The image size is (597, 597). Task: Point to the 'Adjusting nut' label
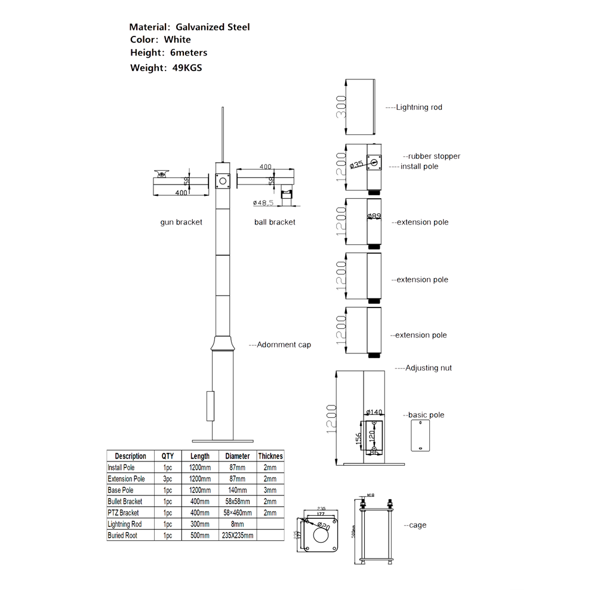coord(428,368)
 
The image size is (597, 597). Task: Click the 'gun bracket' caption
coord(181,222)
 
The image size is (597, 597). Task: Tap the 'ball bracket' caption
coord(275,222)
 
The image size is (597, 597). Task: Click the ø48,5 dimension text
coord(263,203)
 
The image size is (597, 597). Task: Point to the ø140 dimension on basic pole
coord(374,412)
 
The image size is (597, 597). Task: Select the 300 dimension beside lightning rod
coord(341,107)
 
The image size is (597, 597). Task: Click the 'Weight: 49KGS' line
coord(166,67)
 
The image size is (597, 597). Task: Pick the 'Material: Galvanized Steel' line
coord(189,27)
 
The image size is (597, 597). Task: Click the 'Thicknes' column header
coord(270,456)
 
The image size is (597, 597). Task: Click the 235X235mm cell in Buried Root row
coord(238,536)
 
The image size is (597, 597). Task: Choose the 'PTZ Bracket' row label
coord(123,513)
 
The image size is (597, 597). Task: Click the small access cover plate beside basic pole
coord(420,435)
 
